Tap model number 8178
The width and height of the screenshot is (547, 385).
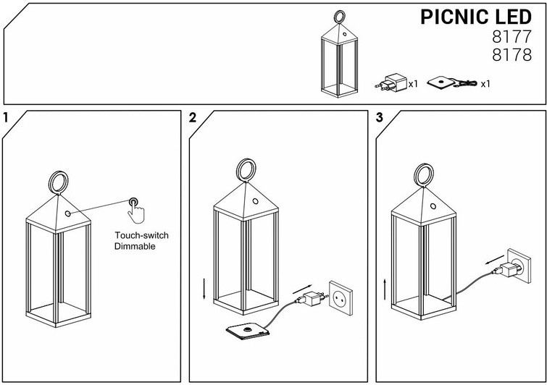click(511, 56)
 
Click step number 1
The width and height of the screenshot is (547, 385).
click(6, 118)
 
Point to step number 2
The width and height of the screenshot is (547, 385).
click(193, 118)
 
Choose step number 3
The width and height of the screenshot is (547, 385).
click(380, 118)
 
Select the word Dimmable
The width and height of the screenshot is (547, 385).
click(135, 247)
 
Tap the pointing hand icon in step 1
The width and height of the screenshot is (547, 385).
click(135, 208)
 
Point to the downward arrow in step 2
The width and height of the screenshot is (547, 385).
click(204, 289)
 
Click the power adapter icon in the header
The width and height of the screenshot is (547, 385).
click(393, 82)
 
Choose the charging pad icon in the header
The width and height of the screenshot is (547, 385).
click(443, 83)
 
